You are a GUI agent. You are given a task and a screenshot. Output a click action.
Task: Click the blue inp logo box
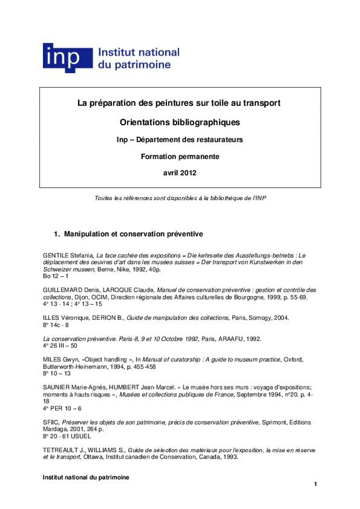click(67, 58)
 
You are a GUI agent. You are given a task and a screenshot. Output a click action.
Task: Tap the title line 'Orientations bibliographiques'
click(180, 122)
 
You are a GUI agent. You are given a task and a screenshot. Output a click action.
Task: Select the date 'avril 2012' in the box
click(180, 173)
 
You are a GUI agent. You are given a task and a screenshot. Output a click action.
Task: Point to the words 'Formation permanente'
click(180, 157)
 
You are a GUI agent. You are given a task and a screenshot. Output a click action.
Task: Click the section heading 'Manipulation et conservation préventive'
click(133, 234)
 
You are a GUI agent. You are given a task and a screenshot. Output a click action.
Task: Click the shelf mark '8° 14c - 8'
click(56, 324)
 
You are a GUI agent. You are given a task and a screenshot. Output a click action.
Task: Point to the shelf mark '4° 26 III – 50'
click(60, 346)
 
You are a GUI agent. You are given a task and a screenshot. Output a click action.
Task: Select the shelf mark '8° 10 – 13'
click(56, 374)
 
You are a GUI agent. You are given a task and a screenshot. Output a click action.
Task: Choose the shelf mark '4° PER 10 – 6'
click(62, 408)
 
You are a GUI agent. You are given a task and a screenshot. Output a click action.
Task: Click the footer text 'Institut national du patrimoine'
click(86, 477)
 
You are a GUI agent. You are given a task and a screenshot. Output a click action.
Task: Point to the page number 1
click(315, 484)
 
